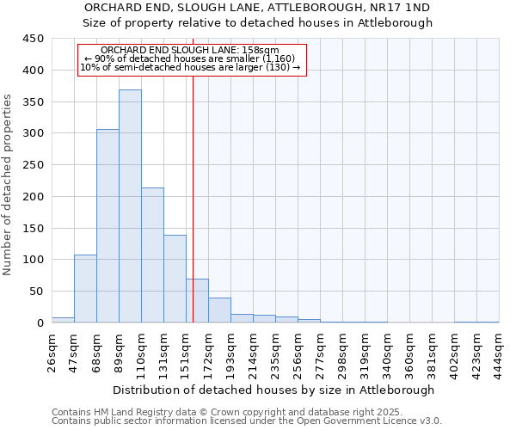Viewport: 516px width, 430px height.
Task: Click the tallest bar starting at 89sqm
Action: (x=130, y=206)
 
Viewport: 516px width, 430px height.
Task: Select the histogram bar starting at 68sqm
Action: (x=107, y=226)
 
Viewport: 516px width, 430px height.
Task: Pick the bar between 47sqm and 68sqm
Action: (x=85, y=289)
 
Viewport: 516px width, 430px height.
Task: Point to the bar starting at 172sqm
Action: (x=219, y=310)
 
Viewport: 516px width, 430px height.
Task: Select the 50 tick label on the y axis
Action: (x=36, y=292)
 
